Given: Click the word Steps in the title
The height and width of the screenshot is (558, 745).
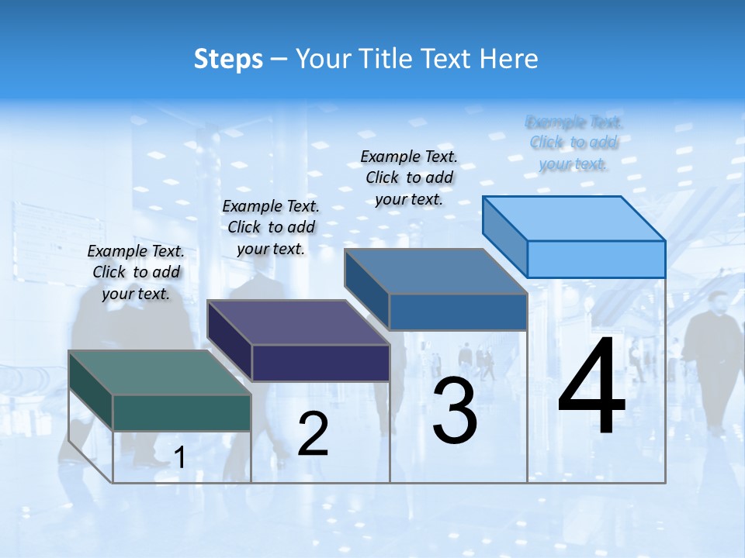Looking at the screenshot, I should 228,59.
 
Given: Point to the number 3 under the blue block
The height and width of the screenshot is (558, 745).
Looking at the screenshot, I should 455,411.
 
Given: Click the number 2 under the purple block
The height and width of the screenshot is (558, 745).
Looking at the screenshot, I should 313,434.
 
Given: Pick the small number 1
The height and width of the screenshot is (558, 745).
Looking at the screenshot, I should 179,457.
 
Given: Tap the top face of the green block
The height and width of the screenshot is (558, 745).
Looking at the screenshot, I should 160,373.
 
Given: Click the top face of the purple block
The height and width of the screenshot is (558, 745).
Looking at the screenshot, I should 298,322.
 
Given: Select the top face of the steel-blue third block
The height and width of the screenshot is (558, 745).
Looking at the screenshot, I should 435,272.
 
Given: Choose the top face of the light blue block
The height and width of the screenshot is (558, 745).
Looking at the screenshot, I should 573,219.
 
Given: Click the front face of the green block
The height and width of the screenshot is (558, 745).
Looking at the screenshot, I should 182,412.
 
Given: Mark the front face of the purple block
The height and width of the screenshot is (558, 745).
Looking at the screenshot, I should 321,363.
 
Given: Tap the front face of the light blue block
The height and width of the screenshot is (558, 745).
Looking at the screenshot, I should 596,259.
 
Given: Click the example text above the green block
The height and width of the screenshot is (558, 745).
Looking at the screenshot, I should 136,273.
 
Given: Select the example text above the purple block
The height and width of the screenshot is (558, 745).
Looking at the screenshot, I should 271,228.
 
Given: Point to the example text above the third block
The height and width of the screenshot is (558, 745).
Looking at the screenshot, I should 409,177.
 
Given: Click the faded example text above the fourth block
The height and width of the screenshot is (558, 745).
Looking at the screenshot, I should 574,143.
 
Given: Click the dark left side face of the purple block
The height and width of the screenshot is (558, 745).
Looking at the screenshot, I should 230,341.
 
